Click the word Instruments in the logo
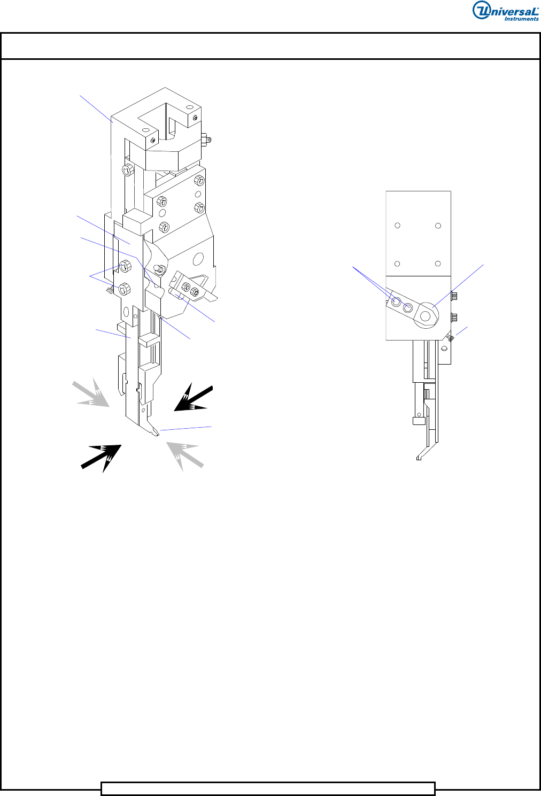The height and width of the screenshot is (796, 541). click(521, 19)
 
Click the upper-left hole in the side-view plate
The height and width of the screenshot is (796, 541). click(397, 225)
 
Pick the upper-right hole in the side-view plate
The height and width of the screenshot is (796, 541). click(438, 226)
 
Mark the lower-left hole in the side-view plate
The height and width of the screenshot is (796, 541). click(397, 264)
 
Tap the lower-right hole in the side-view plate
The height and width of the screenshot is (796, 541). click(438, 264)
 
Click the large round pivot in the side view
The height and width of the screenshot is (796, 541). click(426, 315)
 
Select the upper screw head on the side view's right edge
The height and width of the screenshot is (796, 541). click(454, 295)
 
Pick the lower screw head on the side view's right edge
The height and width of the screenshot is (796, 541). click(454, 316)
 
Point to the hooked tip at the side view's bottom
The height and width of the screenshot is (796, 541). click(420, 458)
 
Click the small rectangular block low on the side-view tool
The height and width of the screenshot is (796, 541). click(419, 421)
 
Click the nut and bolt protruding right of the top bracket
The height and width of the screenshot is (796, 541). click(206, 139)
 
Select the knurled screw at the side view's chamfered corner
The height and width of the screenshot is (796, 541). click(450, 337)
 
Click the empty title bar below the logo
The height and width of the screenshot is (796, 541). click(270, 46)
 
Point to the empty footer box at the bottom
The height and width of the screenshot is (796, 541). click(268, 789)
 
